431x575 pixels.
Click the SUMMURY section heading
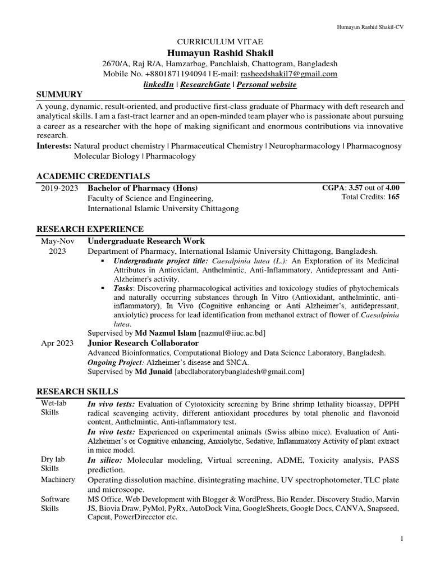pos(59,94)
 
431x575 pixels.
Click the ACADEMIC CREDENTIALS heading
pos(93,176)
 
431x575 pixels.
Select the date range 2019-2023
pos(59,188)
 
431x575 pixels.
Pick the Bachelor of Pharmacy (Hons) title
pos(143,188)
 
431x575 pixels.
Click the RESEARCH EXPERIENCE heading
pos(90,229)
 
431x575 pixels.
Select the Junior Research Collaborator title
pos(143,343)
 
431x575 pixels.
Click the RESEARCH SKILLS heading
pos(77,391)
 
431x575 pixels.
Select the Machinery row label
pos(58,480)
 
